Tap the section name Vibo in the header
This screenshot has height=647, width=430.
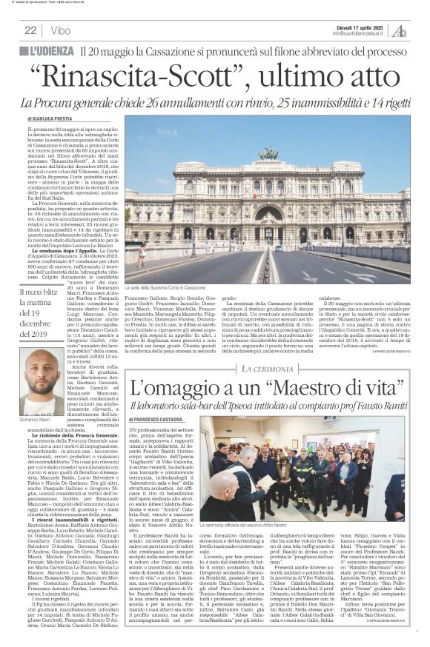[62, 30]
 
